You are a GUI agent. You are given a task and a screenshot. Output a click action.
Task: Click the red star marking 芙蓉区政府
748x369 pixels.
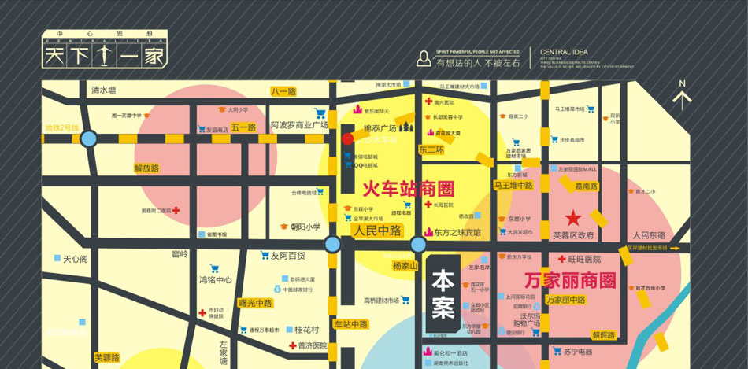pos(574,217)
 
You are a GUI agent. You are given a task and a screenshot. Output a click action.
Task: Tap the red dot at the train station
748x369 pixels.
pos(347,138)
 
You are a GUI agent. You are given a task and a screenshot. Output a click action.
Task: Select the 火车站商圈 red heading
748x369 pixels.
pos(409,189)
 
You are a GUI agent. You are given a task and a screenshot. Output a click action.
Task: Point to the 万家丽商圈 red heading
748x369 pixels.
pos(569,279)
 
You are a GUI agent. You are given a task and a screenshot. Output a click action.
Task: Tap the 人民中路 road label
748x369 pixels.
pos(377,231)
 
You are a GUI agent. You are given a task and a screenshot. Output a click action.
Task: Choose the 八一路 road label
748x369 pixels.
pos(283,92)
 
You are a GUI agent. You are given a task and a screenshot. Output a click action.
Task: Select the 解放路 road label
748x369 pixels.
pos(146,168)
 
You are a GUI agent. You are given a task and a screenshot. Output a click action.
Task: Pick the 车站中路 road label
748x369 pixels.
pos(350,324)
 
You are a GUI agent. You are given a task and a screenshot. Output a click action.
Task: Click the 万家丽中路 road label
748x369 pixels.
pos(565,300)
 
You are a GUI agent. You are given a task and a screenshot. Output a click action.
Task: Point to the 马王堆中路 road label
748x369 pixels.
pos(514,186)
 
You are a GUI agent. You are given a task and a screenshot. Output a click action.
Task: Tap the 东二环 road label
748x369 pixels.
pos(431,149)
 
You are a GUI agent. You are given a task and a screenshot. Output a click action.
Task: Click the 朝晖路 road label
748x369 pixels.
pos(605,335)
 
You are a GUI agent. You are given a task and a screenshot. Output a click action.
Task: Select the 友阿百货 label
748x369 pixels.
pos(287,256)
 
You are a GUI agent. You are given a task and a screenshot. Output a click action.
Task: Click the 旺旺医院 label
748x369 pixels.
pos(583,259)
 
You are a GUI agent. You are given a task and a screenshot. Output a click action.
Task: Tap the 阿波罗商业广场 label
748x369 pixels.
pos(299,125)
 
